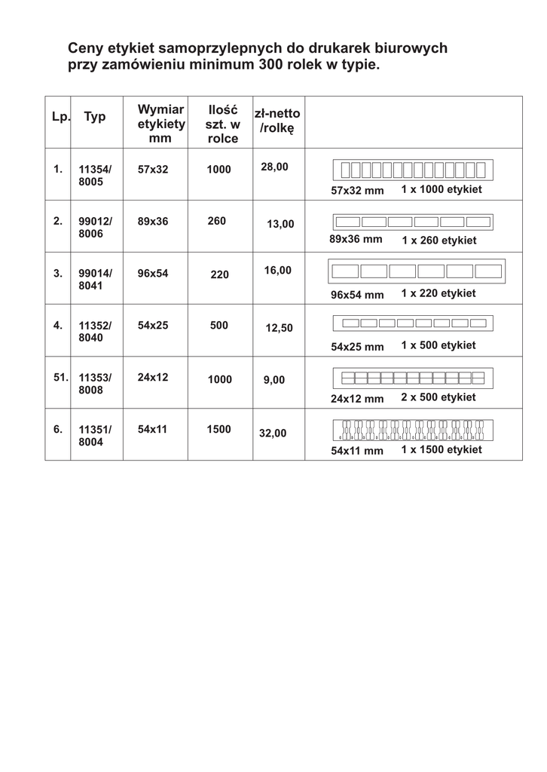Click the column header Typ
95,117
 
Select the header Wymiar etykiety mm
160,124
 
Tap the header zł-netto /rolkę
277,121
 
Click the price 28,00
274,167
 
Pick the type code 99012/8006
95,228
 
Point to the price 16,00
277,270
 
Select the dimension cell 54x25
153,325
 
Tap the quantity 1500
218,429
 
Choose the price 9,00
274,380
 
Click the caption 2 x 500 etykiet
438,397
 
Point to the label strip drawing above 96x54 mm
417,271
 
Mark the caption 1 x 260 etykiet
439,240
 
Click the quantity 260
216,221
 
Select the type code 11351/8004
95,436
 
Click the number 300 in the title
271,66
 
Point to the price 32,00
273,433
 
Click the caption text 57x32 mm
357,191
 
